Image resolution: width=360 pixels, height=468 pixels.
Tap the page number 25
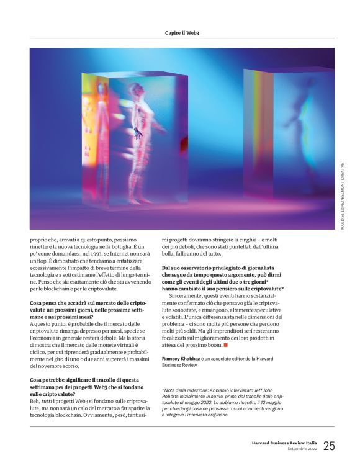(329, 445)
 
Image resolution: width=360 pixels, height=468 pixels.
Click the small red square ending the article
(226, 344)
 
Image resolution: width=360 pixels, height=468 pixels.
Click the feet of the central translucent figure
(142, 200)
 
